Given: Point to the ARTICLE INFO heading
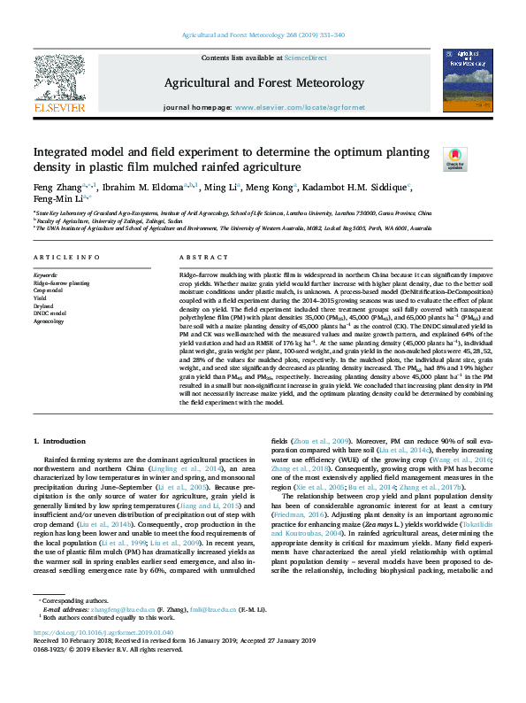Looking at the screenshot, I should tap(66, 257).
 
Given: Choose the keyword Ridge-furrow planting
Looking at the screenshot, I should tap(61, 282).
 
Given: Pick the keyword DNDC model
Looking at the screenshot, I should tap(50, 313).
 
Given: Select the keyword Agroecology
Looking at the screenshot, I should tap(49, 321).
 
